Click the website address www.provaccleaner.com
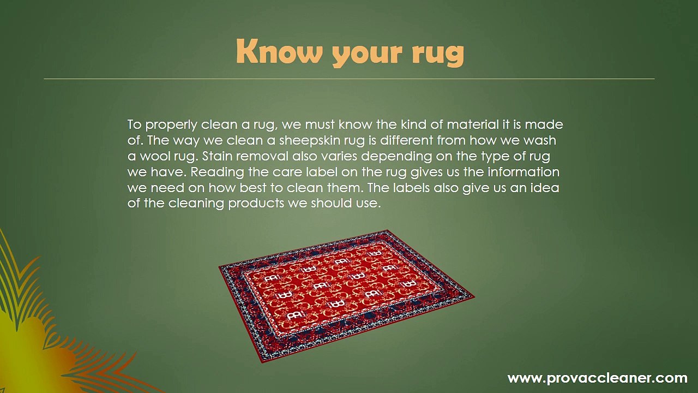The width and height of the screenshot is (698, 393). pos(597,378)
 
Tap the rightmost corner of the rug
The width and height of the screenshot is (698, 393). pos(474,297)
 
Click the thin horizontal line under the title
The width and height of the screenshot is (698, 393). pos(349,79)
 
